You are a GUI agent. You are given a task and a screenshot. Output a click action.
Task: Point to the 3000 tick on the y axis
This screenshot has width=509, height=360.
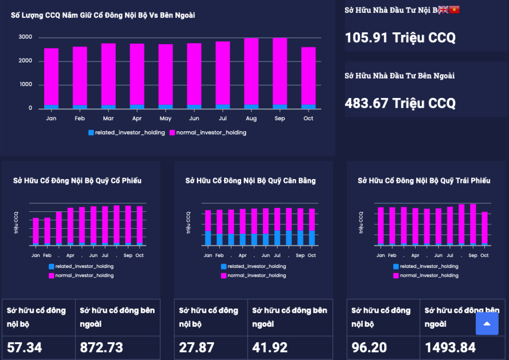25,37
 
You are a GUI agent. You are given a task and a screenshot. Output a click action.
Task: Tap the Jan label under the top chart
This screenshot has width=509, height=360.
51,118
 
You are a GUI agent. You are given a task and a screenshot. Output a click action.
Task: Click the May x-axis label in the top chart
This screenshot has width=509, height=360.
166,118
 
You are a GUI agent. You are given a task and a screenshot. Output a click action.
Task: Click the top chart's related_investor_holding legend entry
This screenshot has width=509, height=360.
127,133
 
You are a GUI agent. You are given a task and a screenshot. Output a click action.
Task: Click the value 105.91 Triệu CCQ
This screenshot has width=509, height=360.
400,37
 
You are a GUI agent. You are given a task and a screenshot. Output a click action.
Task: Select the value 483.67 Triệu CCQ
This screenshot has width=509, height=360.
400,103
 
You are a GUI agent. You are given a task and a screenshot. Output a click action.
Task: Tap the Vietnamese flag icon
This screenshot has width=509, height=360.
454,9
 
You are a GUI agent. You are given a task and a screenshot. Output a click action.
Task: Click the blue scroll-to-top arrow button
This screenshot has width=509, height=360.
487,324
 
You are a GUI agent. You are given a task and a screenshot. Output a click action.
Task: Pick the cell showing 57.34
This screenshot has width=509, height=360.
25,347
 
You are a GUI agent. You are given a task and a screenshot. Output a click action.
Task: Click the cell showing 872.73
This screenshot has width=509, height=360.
101,347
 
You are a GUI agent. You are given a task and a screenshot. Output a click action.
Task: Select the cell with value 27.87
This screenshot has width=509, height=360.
197,347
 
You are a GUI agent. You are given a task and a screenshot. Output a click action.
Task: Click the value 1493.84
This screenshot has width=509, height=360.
450,347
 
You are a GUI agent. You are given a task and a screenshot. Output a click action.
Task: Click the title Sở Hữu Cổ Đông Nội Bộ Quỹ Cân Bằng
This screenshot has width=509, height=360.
251,180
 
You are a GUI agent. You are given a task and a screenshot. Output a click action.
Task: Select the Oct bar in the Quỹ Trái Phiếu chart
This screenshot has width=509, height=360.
485,228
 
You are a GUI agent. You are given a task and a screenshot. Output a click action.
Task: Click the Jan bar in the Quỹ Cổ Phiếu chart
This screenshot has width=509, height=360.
36,231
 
